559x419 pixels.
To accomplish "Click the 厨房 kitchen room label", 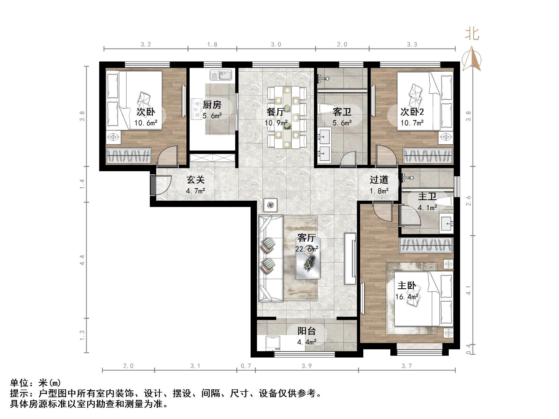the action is coord(212,105).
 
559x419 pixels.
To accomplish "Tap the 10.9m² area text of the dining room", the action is coord(276,123).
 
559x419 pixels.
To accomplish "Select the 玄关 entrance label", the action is coord(196,180).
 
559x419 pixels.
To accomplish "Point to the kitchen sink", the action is coord(221,75).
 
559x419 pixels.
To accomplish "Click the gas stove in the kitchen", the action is coord(196,109).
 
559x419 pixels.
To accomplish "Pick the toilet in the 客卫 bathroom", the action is coord(326,109).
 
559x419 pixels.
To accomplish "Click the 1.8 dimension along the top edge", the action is coord(212,45).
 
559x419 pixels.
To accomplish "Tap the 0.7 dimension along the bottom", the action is coord(246,366).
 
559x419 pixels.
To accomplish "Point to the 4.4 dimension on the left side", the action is coord(82,260).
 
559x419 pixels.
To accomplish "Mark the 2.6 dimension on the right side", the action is coord(469,201).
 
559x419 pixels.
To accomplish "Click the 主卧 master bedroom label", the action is coord(407,286).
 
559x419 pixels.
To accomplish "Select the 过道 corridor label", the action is coord(379,180).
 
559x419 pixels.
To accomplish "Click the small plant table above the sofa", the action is coord(270,205).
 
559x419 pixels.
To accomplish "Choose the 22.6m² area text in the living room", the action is coord(307,249).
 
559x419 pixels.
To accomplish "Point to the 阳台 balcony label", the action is coord(307,331).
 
